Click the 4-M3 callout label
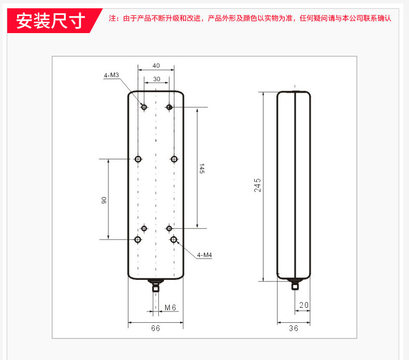pyautogui.click(x=111, y=76)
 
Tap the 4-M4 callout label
pyautogui.click(x=204, y=254)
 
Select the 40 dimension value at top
pyautogui.click(x=156, y=66)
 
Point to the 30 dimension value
pyautogui.click(x=156, y=79)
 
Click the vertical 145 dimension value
pyautogui.click(x=202, y=169)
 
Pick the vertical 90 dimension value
pyautogui.click(x=104, y=200)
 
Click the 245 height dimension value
pyautogui.click(x=257, y=185)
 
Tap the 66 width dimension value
pyautogui.click(x=155, y=328)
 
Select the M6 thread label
pyautogui.click(x=170, y=308)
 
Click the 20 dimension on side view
pyautogui.click(x=304, y=305)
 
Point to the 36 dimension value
pyautogui.click(x=294, y=328)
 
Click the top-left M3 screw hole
pyautogui.click(x=144, y=107)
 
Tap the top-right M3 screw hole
pyautogui.click(x=169, y=107)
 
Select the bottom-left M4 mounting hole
pyautogui.click(x=138, y=239)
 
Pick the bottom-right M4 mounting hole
pyautogui.click(x=174, y=239)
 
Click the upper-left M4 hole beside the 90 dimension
pyautogui.click(x=138, y=159)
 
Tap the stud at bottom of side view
pyautogui.click(x=295, y=284)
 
